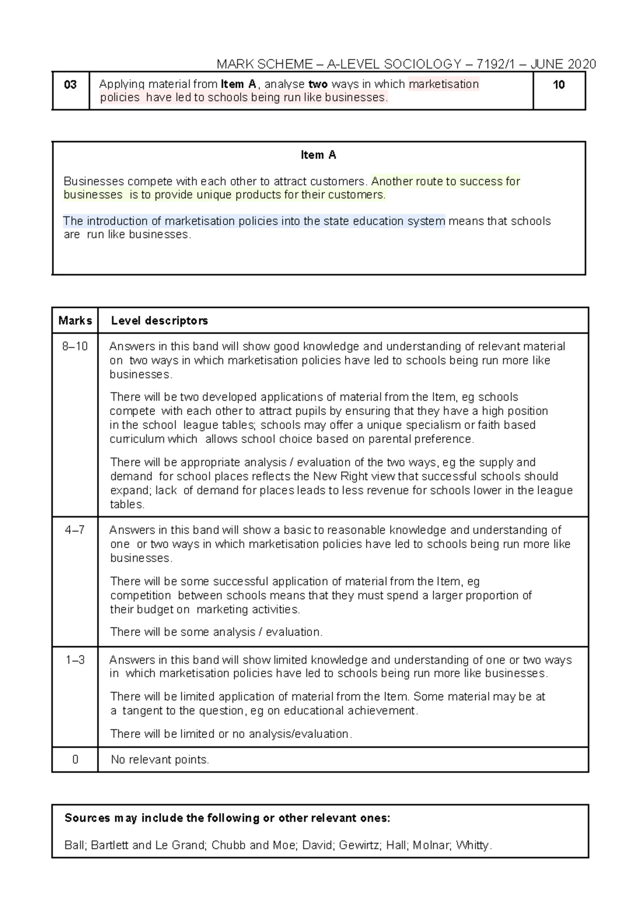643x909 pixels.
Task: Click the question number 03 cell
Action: (70, 85)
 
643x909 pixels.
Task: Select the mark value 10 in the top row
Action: (559, 85)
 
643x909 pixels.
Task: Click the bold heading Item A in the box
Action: (318, 155)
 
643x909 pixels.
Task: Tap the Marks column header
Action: (75, 321)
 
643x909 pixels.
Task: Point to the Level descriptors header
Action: (159, 321)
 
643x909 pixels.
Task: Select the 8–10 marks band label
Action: (75, 346)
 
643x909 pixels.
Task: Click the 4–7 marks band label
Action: (75, 530)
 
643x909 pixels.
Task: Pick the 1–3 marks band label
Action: (75, 660)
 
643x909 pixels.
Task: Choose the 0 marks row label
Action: (75, 759)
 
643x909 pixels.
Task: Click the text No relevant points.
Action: (160, 759)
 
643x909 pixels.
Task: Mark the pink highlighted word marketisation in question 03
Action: (444, 84)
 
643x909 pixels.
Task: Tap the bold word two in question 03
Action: (318, 84)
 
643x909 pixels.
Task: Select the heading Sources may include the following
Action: (227, 818)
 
